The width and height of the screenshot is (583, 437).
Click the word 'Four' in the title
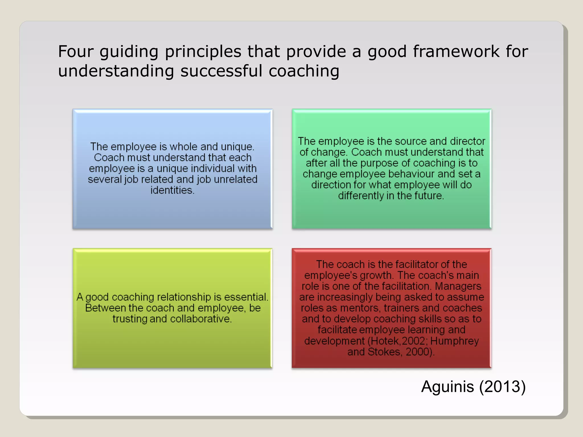(76, 51)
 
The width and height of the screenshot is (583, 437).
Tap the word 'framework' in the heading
(456, 51)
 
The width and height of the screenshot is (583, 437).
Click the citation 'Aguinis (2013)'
(473, 387)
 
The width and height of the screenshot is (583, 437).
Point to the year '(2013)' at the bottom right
(502, 387)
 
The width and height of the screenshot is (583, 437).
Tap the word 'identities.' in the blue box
(173, 190)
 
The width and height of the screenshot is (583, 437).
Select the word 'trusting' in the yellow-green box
(130, 319)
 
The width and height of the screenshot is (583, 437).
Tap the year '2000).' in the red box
(420, 352)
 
